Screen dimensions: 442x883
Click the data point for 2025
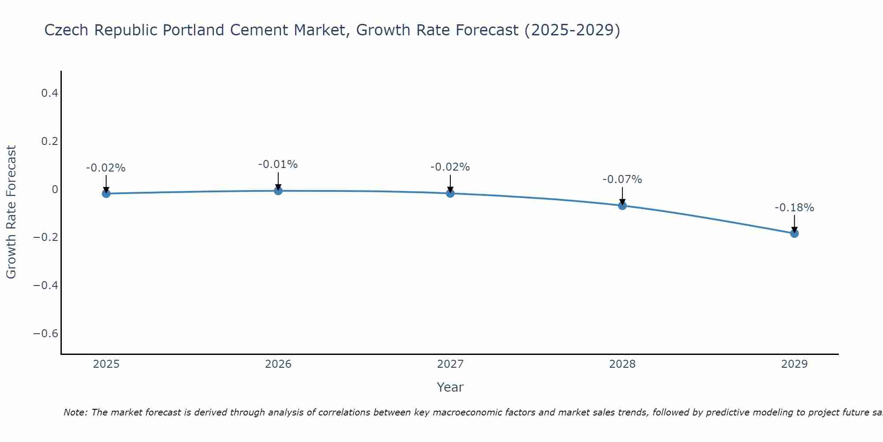click(x=106, y=194)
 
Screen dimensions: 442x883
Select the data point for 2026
click(x=278, y=191)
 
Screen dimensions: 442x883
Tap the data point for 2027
click(x=450, y=193)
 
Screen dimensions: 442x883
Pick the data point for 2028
click(x=623, y=206)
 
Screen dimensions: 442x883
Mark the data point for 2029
click(x=794, y=233)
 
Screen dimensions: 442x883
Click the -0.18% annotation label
click(x=794, y=208)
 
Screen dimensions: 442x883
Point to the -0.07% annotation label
click(x=622, y=179)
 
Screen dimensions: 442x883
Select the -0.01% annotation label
click(x=278, y=164)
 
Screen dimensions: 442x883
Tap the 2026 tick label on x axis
click(x=278, y=364)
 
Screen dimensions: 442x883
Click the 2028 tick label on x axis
click(x=623, y=364)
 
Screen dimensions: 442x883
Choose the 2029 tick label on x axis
click(x=794, y=364)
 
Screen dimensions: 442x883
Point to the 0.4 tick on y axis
click(x=49, y=93)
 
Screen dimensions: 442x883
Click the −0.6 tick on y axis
click(x=45, y=333)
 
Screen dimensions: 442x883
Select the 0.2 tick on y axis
click(x=49, y=141)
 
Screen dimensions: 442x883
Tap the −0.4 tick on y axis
click(x=45, y=285)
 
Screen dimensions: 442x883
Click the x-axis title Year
click(x=450, y=387)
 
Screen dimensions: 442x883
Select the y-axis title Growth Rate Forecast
click(x=11, y=212)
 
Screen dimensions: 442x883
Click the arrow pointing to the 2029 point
click(x=794, y=224)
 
